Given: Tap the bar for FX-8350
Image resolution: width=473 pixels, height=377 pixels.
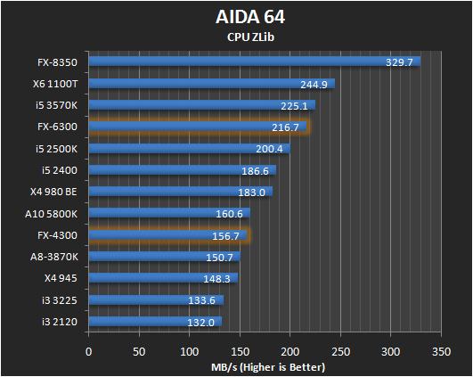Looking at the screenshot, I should tap(253, 62).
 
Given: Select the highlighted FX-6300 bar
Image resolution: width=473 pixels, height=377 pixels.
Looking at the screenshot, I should tap(197, 127).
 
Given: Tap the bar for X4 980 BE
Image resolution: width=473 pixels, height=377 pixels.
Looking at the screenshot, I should tap(179, 192).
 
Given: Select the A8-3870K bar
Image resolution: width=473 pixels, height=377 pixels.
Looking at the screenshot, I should tap(165, 257).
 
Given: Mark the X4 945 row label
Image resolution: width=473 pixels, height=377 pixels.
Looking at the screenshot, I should tap(65, 278).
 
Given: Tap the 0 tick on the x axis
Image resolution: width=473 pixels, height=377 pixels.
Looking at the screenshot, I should tap(88, 353).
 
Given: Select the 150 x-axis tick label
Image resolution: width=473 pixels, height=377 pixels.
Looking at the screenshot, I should tap(241, 353).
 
